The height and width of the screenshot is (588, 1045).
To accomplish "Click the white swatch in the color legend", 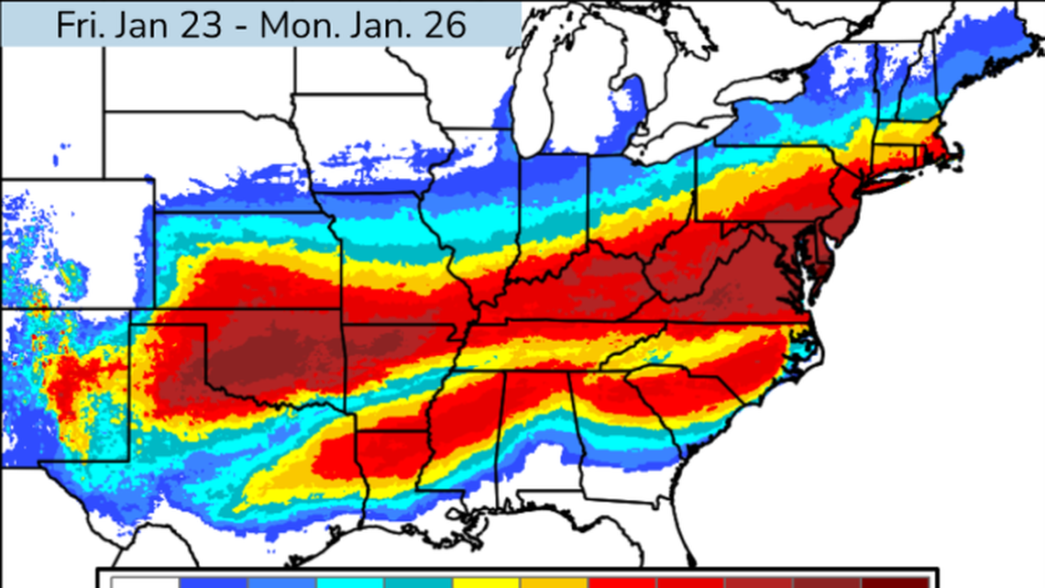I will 145,582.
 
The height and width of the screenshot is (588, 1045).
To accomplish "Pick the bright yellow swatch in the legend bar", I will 486,582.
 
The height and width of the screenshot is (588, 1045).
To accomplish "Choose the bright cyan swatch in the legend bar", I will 350,582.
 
